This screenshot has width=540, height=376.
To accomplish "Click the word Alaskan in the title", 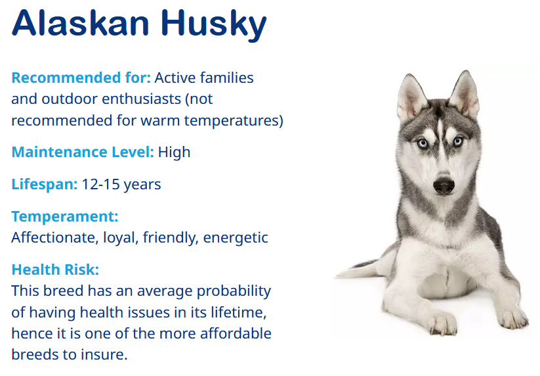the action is (x=81, y=23).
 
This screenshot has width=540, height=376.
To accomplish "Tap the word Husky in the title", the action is (x=214, y=25).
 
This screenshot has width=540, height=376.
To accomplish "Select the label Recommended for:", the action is (x=81, y=78).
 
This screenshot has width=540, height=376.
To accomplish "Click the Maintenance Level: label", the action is (x=83, y=152).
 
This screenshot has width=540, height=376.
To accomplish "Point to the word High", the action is (x=174, y=153).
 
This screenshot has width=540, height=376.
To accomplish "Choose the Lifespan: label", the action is (x=45, y=185).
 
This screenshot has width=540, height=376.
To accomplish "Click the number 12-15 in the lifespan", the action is (x=100, y=184).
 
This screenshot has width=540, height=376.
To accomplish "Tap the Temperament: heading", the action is (x=65, y=217).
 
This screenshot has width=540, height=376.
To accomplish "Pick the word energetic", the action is (x=236, y=239).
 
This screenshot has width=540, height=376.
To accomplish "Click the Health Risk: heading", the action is (x=55, y=270).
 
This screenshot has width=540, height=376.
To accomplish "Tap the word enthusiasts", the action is (x=142, y=99).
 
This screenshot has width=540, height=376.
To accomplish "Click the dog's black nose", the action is (x=444, y=186).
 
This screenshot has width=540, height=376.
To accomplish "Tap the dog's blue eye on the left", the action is (x=422, y=143).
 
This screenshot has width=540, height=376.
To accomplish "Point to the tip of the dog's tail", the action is (x=337, y=275).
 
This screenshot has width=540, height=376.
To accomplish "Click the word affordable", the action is (x=236, y=333).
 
